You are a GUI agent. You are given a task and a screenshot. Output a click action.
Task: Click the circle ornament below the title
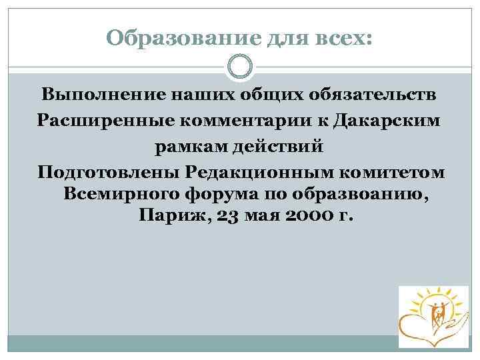click(240, 67)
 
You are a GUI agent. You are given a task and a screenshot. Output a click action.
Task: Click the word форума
click(227, 194)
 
